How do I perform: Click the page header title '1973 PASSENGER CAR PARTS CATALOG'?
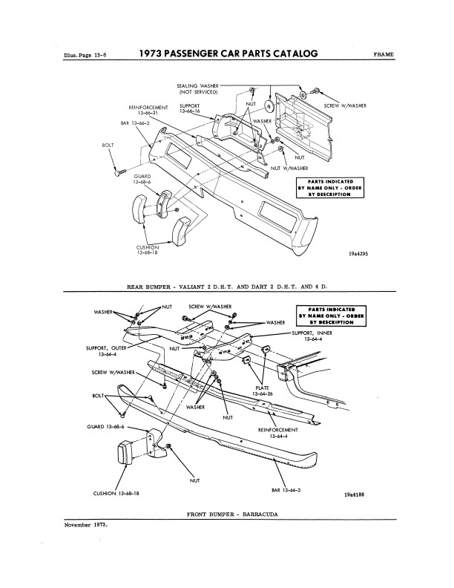click(x=228, y=53)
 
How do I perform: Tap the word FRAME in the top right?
click(x=384, y=54)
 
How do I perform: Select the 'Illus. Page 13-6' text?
click(x=86, y=55)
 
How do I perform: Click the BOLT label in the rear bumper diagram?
click(x=108, y=145)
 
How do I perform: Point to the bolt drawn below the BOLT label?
click(x=119, y=172)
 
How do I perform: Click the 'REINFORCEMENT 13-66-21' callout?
click(x=148, y=110)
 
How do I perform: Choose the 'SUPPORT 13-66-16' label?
click(x=190, y=108)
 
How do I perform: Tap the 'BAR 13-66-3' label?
click(x=135, y=122)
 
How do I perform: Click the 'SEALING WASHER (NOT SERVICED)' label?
click(x=198, y=89)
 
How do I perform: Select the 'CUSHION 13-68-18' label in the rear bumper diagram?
click(x=147, y=250)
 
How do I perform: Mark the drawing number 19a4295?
click(x=358, y=253)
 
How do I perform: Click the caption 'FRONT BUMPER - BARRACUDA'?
click(x=232, y=514)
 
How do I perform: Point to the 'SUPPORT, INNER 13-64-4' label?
click(x=312, y=336)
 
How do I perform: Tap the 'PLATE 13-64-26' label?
click(x=262, y=391)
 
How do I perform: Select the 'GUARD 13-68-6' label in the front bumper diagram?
click(x=105, y=427)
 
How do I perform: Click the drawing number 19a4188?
click(x=354, y=494)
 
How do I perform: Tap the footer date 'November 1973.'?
click(x=86, y=525)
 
